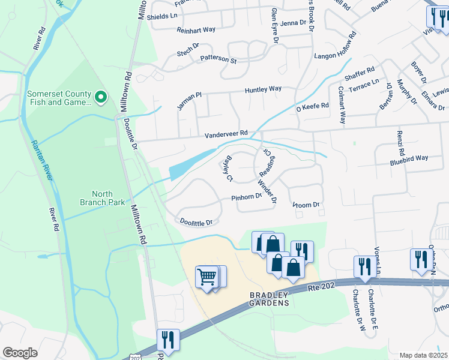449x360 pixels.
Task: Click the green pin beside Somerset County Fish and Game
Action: coord(101,96)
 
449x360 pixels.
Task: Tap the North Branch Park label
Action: coord(109,198)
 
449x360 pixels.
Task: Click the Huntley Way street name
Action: coord(263,89)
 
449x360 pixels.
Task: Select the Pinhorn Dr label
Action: coord(247,197)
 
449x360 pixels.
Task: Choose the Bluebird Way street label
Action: coord(409,158)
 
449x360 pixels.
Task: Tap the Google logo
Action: coord(20,353)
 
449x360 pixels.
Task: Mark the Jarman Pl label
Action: coord(187,99)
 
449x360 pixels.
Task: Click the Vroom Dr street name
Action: coord(307,205)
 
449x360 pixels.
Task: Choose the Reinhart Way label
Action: coord(196,29)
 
